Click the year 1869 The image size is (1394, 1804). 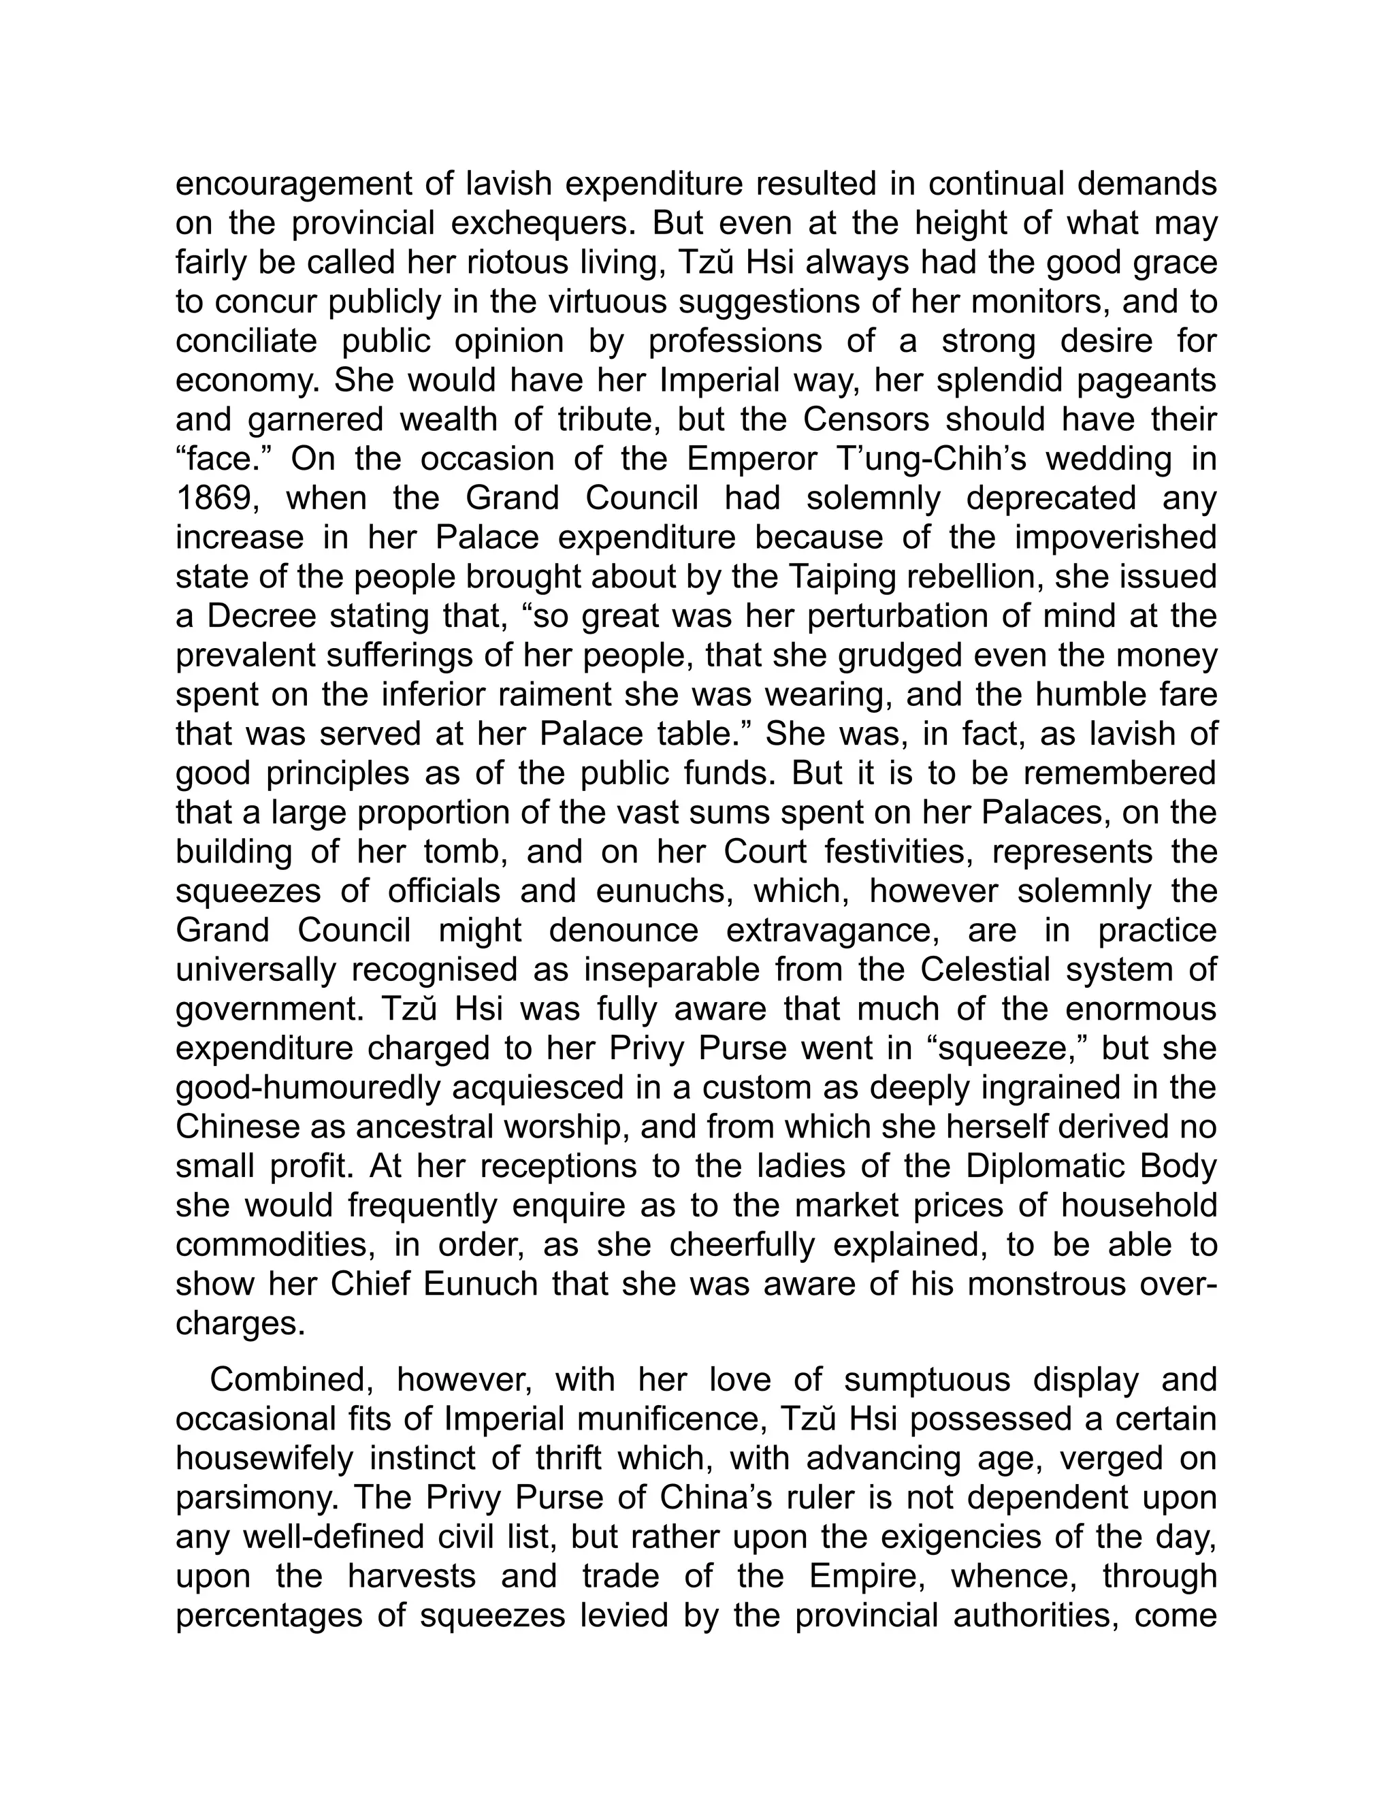216,499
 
